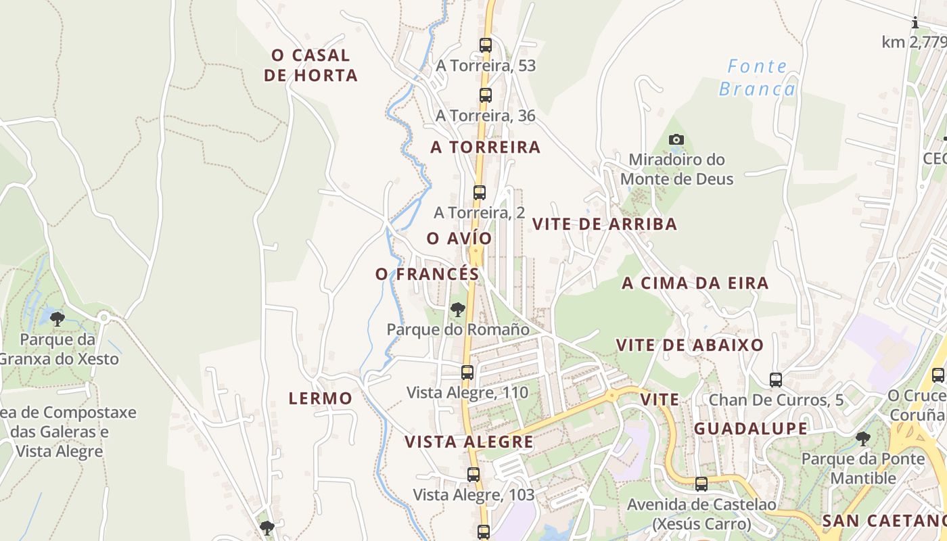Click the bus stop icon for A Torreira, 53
[485, 45]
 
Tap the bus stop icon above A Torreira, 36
[485, 95]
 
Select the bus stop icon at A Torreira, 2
[479, 193]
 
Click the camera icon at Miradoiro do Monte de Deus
[676, 140]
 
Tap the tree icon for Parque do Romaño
[458, 310]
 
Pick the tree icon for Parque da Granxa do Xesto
[57, 319]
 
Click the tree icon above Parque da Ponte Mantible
[862, 439]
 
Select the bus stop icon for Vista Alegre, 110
[467, 372]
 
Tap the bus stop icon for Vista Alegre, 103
[473, 475]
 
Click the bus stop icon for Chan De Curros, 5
[775, 380]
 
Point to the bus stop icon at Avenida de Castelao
[701, 484]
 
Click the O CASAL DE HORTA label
[310, 65]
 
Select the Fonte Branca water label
[757, 78]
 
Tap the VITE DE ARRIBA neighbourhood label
[605, 225]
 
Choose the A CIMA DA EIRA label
[695, 283]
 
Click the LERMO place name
[321, 398]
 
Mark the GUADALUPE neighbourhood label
[751, 429]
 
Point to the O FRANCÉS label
[428, 275]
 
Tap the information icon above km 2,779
[915, 23]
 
